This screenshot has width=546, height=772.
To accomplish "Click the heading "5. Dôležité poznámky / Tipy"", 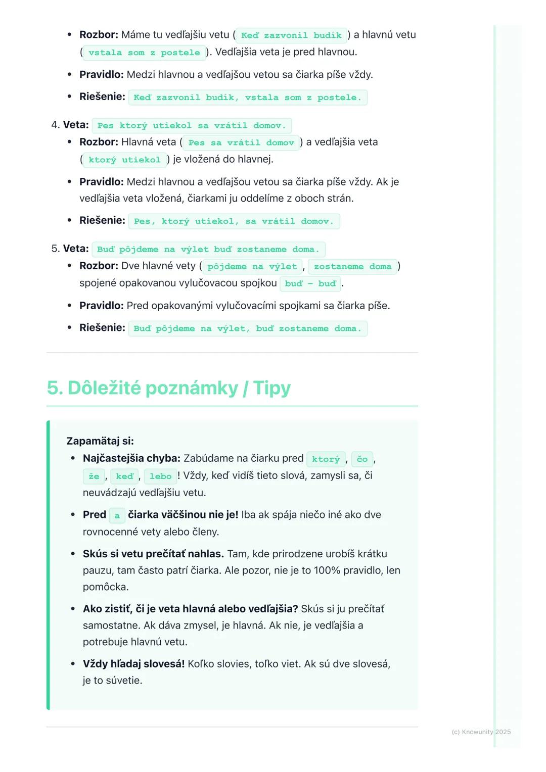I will pos(169,388).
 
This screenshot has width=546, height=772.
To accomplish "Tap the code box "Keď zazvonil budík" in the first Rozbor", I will pos(291,35).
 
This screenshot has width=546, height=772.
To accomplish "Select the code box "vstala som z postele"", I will pos(144,53).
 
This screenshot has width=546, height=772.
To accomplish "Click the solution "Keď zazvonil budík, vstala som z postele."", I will pos(248,98).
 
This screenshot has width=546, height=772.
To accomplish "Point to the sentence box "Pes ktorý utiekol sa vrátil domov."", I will pos(192,126).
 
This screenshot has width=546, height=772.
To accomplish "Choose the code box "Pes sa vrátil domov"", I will pos(241,143).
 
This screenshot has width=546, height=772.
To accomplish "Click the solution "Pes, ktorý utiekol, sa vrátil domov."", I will pos(234,221).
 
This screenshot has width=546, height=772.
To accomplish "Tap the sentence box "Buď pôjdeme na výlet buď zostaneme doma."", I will pos(208,250).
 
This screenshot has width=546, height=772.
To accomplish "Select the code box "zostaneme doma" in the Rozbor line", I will pos(352,267).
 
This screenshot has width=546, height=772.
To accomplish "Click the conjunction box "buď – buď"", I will pos(310,284).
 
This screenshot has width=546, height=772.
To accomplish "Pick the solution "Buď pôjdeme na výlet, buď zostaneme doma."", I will pos(248,329).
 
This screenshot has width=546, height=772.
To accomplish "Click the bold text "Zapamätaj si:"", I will pos(100,441).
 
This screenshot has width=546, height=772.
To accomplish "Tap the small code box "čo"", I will pos(362,459).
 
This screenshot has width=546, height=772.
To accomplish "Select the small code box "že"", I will pos(94,476).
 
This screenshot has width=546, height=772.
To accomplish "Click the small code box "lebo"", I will pos(161,476).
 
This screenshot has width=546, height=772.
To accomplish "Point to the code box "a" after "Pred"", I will pos(117,515).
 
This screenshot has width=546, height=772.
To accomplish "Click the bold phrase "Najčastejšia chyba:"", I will pos(131,458).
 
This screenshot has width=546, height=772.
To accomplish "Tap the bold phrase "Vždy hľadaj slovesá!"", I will pos(133,664).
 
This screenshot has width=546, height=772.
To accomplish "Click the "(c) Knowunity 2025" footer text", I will pos(481,732).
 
